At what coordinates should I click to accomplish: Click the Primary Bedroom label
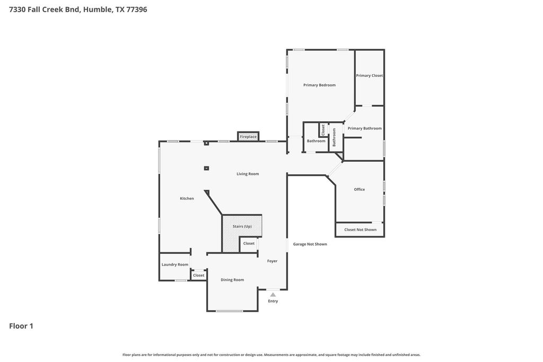click(319, 85)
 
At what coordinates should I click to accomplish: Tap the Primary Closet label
click(370, 75)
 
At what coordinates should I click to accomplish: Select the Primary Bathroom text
click(365, 128)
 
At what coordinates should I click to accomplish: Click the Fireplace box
click(248, 136)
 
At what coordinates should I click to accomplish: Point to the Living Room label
click(248, 174)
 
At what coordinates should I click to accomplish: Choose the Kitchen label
click(187, 199)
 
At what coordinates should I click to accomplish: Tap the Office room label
click(360, 190)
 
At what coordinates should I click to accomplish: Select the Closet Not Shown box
click(360, 229)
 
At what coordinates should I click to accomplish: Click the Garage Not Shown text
click(310, 244)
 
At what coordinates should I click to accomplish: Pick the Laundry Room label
click(175, 265)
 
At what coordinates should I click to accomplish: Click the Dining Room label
click(232, 280)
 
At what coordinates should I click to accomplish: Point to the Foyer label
click(272, 261)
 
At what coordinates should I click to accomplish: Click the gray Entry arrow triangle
click(273, 295)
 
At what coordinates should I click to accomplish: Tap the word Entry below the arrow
click(273, 301)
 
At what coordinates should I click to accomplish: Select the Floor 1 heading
click(21, 326)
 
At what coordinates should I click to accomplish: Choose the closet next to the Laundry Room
click(198, 276)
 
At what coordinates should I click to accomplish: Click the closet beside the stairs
click(249, 244)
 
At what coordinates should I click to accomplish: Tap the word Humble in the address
click(98, 10)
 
